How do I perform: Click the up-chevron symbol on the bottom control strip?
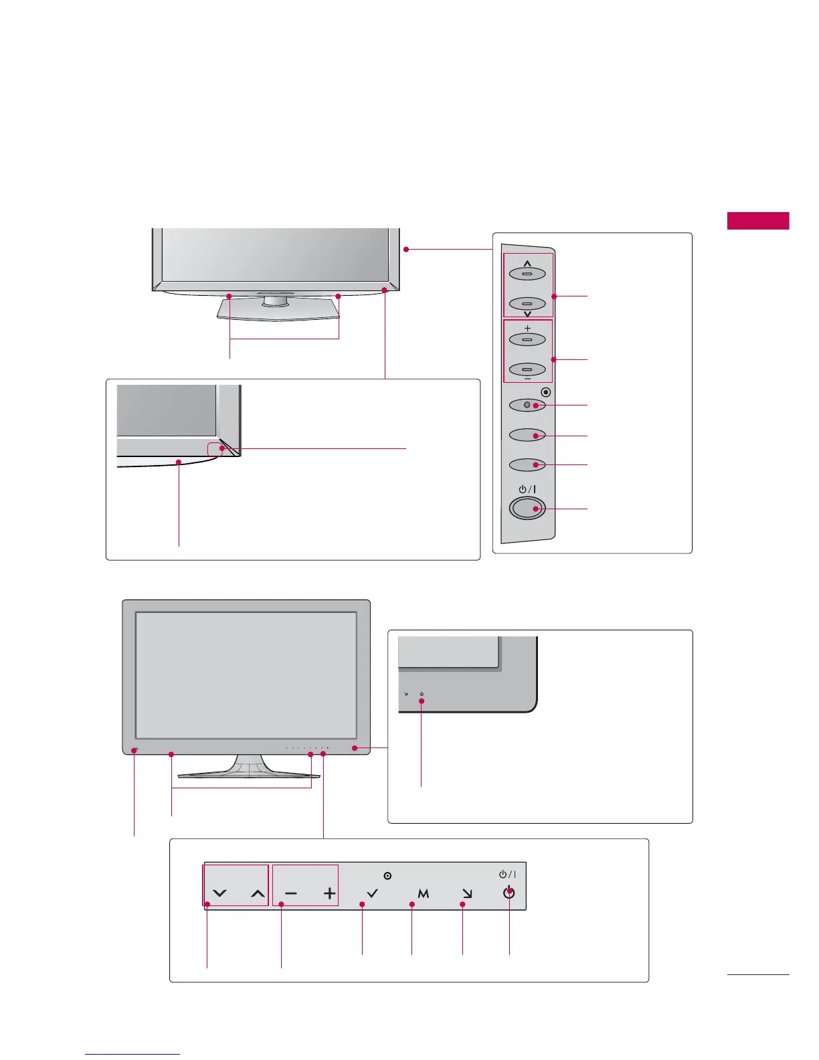pyautogui.click(x=258, y=893)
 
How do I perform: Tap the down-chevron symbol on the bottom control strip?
pyautogui.click(x=219, y=893)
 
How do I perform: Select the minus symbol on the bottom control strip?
pyautogui.click(x=291, y=893)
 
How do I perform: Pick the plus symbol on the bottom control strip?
pyautogui.click(x=329, y=893)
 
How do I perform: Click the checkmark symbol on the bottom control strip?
pyautogui.click(x=373, y=893)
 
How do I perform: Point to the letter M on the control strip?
pyautogui.click(x=423, y=893)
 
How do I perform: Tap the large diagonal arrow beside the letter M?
pyautogui.click(x=467, y=893)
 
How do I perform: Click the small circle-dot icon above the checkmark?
pyautogui.click(x=387, y=875)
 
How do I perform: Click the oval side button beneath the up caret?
pyautogui.click(x=527, y=274)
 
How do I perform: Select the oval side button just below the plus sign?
pyautogui.click(x=527, y=340)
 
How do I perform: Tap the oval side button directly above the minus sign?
pyautogui.click(x=527, y=369)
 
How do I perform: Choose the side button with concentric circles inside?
pyautogui.click(x=527, y=406)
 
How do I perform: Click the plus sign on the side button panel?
pyautogui.click(x=527, y=328)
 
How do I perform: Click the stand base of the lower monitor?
pyautogui.click(x=249, y=772)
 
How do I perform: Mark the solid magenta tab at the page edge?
pyautogui.click(x=758, y=221)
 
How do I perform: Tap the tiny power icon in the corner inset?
pyautogui.click(x=422, y=694)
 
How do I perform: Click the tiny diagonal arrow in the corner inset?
pyautogui.click(x=405, y=694)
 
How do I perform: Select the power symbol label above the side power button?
pyautogui.click(x=527, y=489)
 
